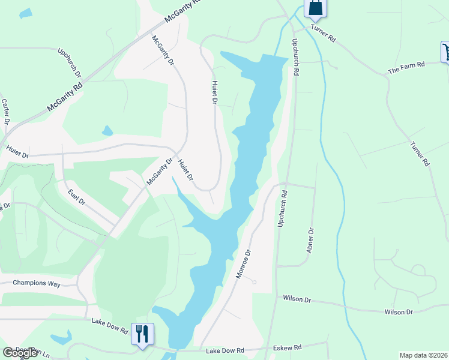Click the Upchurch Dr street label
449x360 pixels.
tap(70, 63)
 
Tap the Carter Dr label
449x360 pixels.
tap(6, 112)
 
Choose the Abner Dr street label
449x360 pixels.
tap(310, 239)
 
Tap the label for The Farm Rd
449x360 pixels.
tap(406, 67)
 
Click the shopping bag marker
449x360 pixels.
tap(315, 7)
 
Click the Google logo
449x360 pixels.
tap(20, 353)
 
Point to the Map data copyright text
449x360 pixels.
tap(423, 355)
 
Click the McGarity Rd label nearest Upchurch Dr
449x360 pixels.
tap(64, 98)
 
